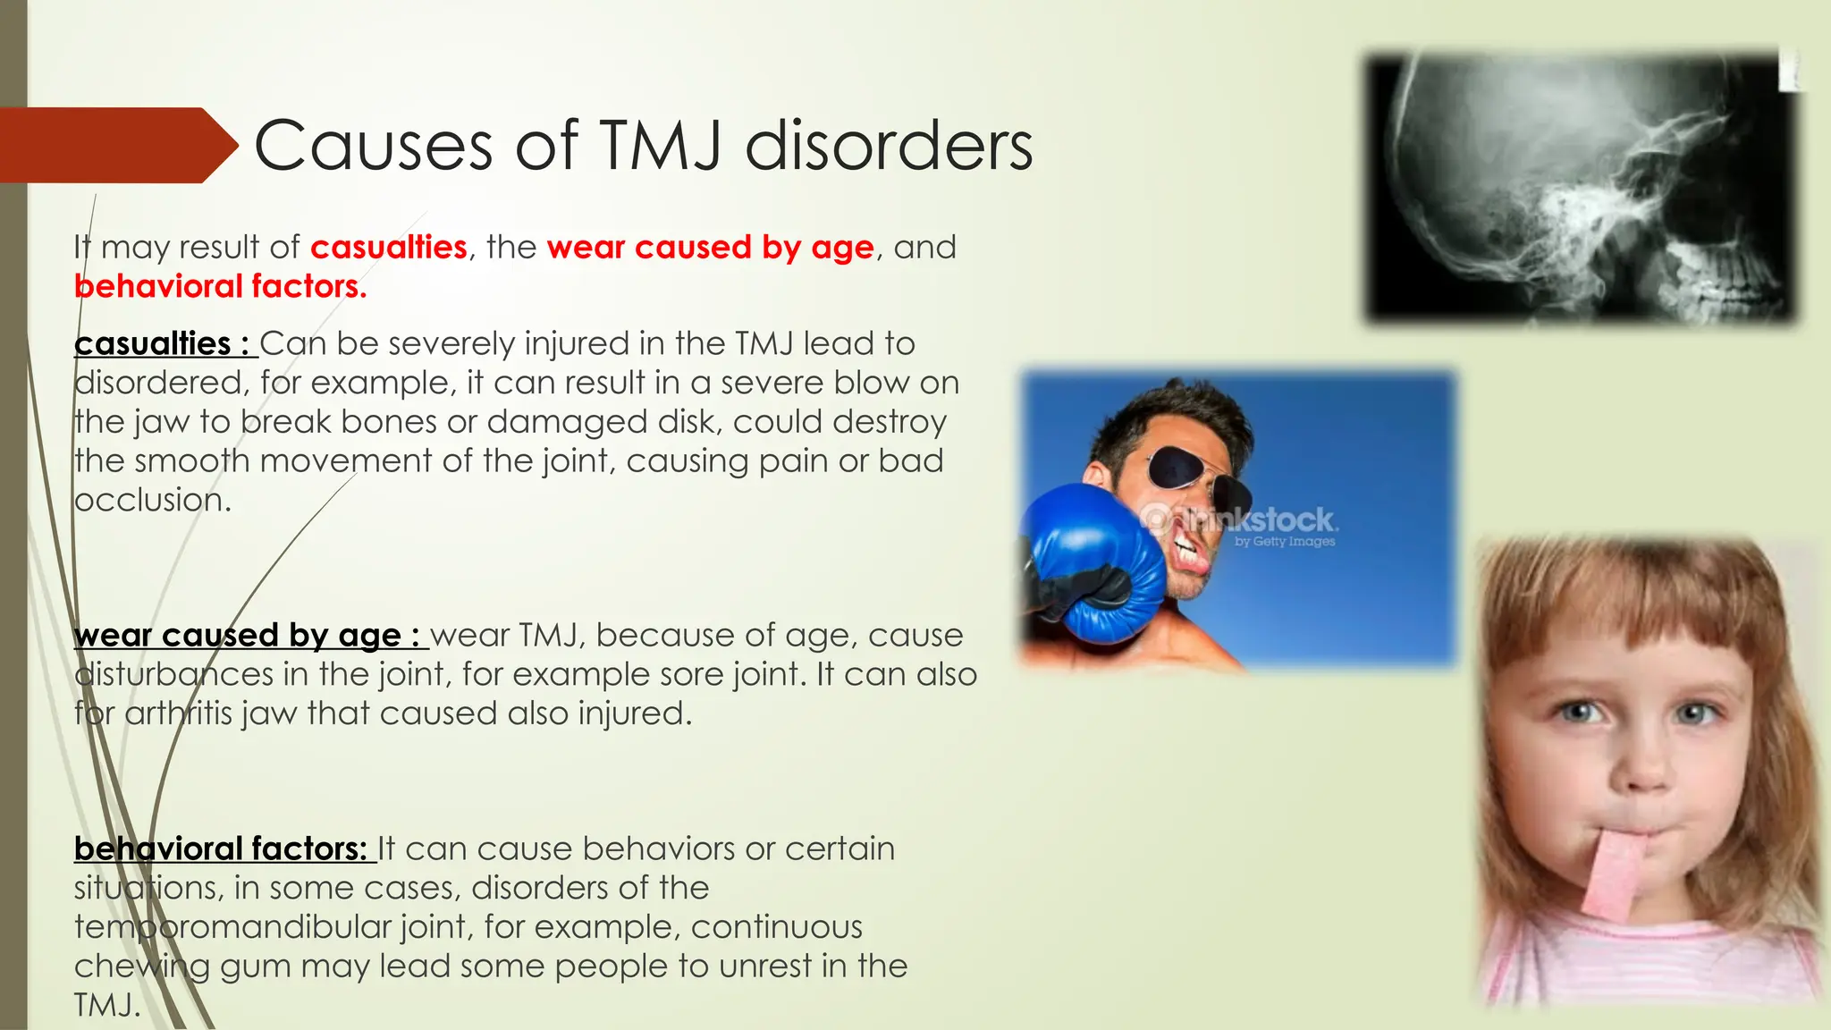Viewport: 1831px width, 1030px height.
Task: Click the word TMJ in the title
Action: coord(661,146)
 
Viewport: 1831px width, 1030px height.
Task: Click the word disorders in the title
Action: coord(889,146)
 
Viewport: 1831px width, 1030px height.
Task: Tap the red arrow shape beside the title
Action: coord(116,145)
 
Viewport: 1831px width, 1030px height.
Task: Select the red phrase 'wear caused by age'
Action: coord(710,248)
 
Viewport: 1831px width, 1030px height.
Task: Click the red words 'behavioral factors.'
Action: coord(220,287)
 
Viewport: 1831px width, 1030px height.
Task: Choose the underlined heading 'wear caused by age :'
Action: coord(247,636)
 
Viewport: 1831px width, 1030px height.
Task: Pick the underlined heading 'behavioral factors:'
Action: coord(220,849)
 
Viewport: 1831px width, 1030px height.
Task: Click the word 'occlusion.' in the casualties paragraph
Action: coord(152,501)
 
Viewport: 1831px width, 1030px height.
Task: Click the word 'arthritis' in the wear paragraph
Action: coord(178,714)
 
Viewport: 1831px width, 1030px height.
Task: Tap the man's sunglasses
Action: coord(1189,474)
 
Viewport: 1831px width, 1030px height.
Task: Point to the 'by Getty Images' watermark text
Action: coord(1285,542)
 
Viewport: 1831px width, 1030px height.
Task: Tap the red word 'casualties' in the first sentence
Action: coord(389,248)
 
